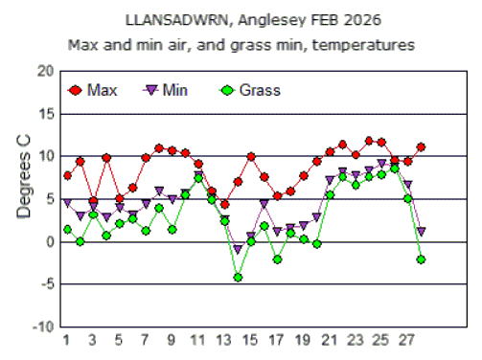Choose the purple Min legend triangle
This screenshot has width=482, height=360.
click(x=150, y=91)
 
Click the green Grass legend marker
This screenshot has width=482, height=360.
click(x=226, y=91)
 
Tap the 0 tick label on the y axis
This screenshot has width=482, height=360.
click(x=51, y=242)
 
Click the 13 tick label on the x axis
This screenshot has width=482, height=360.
click(x=223, y=341)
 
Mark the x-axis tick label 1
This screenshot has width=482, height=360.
click(x=66, y=341)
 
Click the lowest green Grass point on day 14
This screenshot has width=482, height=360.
click(x=238, y=277)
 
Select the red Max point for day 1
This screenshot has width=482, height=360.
click(x=67, y=176)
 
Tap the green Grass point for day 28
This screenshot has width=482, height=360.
click(x=421, y=259)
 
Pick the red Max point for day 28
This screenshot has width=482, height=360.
click(x=421, y=147)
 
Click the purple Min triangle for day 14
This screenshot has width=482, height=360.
click(x=238, y=249)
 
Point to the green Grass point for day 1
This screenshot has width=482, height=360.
click(x=67, y=230)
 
